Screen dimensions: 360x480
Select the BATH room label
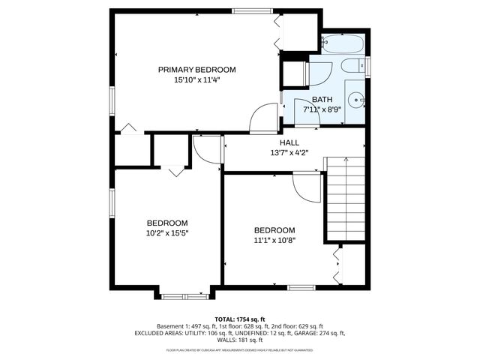322,99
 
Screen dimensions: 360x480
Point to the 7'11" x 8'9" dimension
322,109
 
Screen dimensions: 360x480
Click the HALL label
289,142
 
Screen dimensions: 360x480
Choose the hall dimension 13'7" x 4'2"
289,152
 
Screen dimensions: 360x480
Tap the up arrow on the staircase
345,160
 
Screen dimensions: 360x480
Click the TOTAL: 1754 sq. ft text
239,319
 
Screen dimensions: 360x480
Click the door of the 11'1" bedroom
307,187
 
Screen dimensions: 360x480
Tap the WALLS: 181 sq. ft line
239,340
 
